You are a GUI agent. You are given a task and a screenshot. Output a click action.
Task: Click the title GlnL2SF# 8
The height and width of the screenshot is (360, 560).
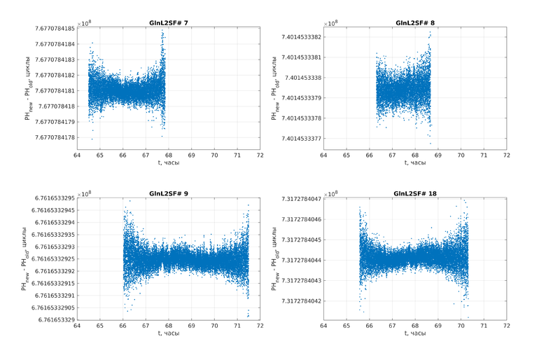415,23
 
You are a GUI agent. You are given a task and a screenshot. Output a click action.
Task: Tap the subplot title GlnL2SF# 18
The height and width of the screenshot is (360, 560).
415,193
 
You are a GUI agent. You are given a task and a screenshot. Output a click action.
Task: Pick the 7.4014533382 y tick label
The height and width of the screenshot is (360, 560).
301,37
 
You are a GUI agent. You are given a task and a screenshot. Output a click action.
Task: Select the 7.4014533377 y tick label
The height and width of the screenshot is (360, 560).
301,139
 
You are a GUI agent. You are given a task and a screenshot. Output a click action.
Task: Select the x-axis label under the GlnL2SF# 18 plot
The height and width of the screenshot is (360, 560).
415,333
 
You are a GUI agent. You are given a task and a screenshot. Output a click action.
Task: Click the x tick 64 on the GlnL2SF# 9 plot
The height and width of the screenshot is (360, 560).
77,326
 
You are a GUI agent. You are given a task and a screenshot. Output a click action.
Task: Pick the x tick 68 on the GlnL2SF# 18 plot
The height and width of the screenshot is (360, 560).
415,326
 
